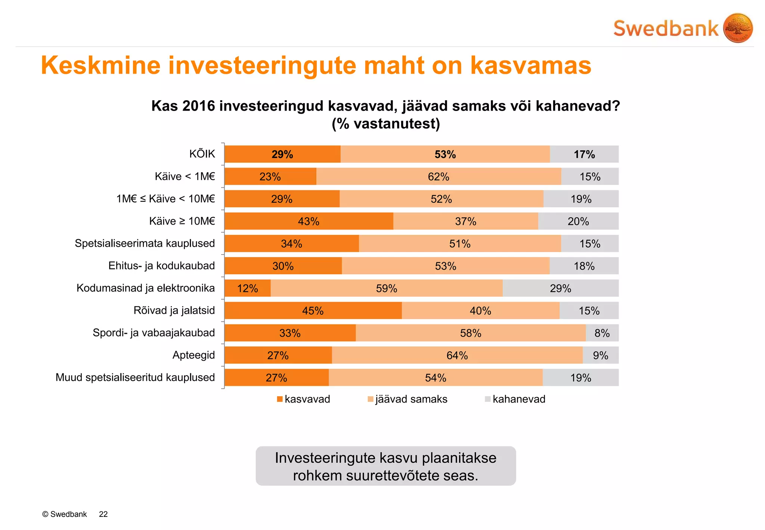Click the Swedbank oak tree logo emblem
(738, 28)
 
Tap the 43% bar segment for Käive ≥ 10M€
(309, 221)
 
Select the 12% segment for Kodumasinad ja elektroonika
(248, 289)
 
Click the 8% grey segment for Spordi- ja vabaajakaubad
(602, 333)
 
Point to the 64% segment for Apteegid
(457, 355)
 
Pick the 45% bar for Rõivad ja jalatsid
(313, 311)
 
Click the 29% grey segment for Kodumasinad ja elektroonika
(560, 289)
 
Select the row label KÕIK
(202, 154)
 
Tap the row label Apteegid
(193, 355)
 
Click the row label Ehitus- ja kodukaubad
(161, 266)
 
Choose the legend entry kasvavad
(307, 399)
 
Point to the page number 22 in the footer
(103, 514)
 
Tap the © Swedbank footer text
(65, 514)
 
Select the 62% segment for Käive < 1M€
(439, 176)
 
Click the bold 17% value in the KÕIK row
(584, 154)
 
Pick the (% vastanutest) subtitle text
(386, 124)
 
